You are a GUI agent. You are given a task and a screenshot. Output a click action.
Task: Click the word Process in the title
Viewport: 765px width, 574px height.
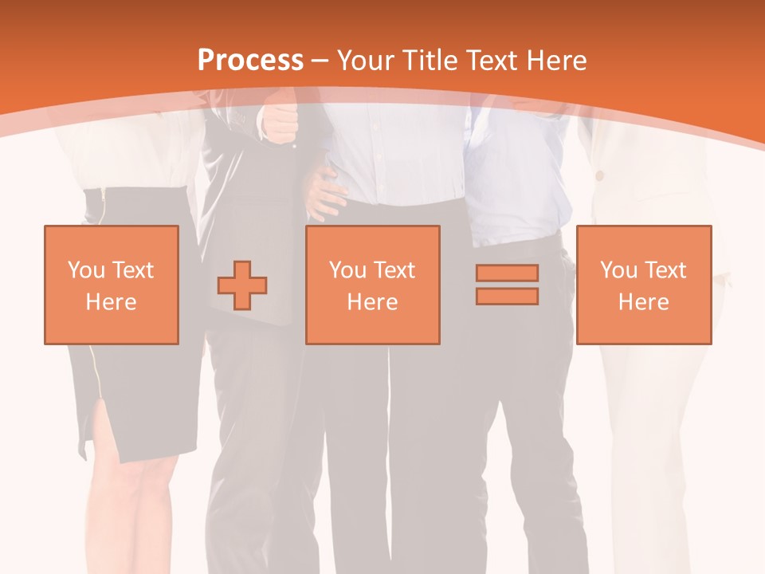(x=250, y=61)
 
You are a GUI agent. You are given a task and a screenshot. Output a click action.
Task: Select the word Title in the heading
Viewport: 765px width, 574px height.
(x=430, y=61)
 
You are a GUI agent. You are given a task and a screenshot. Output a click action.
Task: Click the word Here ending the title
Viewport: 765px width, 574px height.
(x=559, y=61)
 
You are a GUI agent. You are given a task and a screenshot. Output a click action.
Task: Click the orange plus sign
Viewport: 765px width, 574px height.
(x=242, y=285)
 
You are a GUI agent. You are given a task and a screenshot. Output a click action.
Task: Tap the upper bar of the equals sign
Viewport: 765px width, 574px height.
(x=507, y=273)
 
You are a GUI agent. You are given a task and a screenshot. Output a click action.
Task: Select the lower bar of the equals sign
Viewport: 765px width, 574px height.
(x=507, y=297)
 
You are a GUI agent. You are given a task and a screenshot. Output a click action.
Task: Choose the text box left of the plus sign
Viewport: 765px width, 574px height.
(x=112, y=285)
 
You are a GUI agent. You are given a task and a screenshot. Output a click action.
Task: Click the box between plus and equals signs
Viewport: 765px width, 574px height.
(x=372, y=285)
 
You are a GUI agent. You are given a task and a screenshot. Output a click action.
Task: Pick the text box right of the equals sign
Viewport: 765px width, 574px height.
(x=643, y=285)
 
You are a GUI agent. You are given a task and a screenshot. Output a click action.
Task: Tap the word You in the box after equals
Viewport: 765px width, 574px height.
(x=618, y=270)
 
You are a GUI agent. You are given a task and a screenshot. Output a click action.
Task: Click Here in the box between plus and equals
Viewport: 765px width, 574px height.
(x=372, y=302)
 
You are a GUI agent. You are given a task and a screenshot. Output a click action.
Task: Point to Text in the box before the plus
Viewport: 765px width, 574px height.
(x=132, y=270)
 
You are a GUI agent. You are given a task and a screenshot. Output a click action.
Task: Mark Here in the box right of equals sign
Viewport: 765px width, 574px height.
(x=643, y=302)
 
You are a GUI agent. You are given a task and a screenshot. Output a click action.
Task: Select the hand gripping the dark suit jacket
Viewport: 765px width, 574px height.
(x=280, y=124)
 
